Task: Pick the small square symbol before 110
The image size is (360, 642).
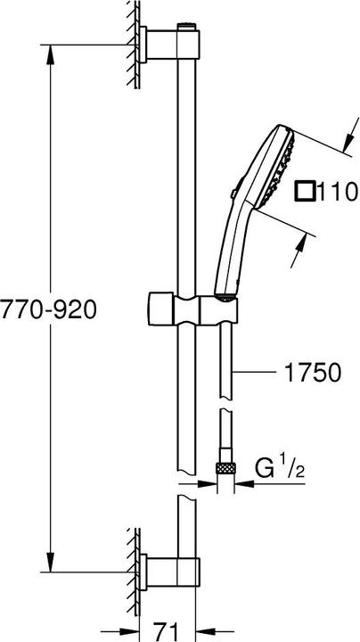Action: click(x=306, y=191)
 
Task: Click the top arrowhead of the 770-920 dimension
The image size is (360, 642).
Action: click(x=48, y=44)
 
